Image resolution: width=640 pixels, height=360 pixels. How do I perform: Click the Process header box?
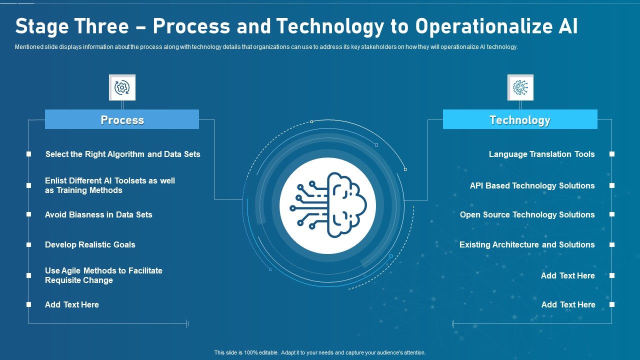tap(122, 120)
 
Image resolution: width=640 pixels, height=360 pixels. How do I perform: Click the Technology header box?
tap(520, 120)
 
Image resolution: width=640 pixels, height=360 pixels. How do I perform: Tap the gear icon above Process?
tap(122, 88)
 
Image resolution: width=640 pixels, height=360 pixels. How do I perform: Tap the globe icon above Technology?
tap(520, 88)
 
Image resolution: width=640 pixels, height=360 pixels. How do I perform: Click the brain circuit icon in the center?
tap(328, 205)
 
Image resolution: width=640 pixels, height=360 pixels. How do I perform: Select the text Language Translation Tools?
tap(541, 154)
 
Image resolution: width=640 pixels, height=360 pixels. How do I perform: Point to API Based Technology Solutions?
tap(532, 185)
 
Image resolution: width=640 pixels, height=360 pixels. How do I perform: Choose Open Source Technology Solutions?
tap(527, 214)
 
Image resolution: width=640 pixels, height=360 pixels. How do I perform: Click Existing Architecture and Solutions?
tap(527, 244)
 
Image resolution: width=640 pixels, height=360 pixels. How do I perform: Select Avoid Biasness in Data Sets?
tap(98, 214)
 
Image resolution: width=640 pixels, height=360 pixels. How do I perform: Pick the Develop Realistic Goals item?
tap(90, 244)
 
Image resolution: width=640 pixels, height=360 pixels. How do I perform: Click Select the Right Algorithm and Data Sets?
tap(122, 154)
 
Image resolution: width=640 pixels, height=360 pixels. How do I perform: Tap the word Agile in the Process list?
tap(71, 270)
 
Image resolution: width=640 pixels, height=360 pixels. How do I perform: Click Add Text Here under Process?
tap(72, 304)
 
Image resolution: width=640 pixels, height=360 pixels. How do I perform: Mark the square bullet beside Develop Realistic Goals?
tap(29, 245)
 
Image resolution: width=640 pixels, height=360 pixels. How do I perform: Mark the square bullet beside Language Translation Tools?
tap(611, 154)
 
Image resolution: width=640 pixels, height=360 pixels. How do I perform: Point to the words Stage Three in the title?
tap(72, 27)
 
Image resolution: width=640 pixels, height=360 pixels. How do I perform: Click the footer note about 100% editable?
tap(320, 352)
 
